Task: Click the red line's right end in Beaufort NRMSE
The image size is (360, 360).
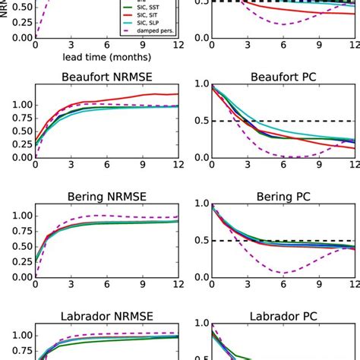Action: (x=178, y=94)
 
